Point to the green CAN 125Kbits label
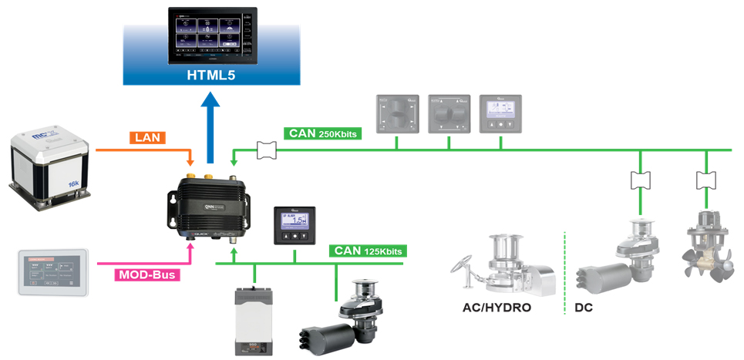[367, 251]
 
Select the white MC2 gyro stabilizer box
[49, 166]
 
